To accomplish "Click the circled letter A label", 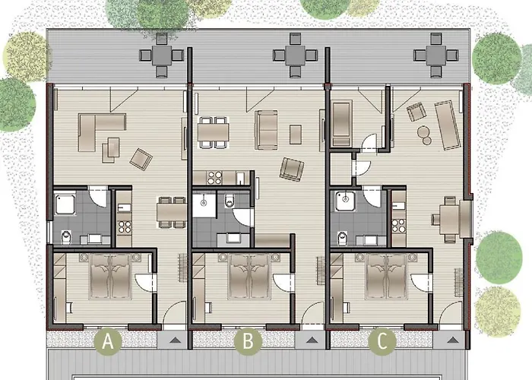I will click(108, 342).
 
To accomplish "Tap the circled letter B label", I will click(245, 342).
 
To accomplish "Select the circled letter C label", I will click(382, 342).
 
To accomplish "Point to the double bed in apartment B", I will click(248, 277).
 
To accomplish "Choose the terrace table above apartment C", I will click(432, 55).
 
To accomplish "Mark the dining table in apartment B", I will click(214, 131).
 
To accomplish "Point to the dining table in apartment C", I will click(447, 218).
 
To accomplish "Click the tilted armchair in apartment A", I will click(141, 158).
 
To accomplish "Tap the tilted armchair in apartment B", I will click(291, 169).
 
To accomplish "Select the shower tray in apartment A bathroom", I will click(65, 203).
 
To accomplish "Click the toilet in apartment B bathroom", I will click(230, 201).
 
